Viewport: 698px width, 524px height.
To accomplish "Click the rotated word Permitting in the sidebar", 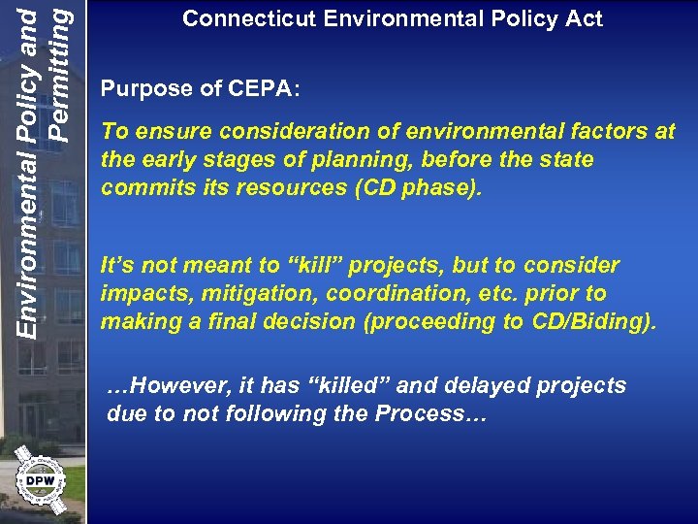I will click(x=59, y=70).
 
